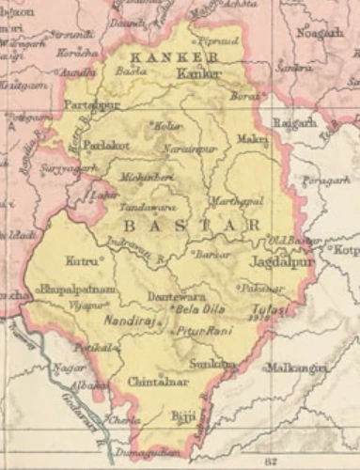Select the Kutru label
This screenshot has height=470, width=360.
coord(82,257)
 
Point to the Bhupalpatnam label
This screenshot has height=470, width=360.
coord(77,290)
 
